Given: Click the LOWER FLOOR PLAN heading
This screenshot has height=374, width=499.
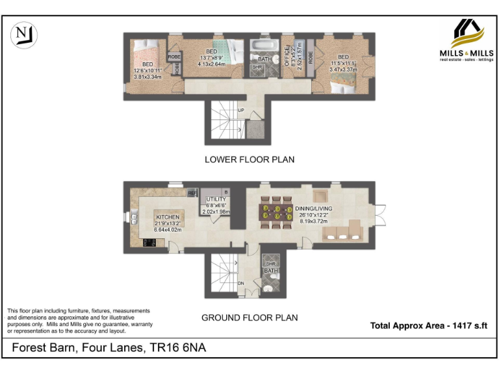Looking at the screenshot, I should (249, 159).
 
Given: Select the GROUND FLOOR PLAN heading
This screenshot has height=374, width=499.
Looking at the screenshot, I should (249, 318).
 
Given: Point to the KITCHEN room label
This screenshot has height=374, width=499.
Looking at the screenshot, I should (167, 217).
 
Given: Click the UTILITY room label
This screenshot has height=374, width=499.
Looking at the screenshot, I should (216, 199).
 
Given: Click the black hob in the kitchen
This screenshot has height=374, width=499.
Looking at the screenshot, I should (149, 243).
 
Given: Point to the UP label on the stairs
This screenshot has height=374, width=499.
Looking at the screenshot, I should (240, 110).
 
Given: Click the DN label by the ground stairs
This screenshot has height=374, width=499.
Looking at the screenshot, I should (240, 283).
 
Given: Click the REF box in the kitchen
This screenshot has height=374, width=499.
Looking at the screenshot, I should (192, 193).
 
